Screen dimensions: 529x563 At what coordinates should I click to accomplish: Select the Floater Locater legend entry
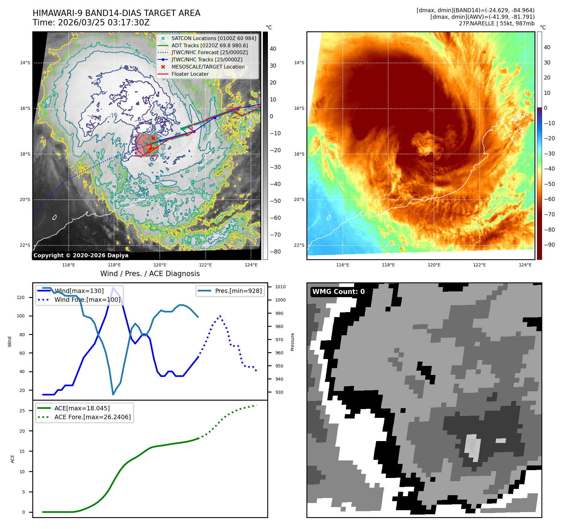pos(190,74)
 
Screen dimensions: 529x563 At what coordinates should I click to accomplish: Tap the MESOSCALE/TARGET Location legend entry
pos(208,67)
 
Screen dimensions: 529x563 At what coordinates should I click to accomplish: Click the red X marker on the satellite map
pos(153,138)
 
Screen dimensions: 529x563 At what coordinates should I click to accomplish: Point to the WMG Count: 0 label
pos(338,292)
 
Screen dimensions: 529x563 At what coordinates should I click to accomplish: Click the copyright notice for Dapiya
pos(81,255)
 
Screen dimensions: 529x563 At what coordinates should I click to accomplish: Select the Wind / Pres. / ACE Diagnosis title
pos(150,274)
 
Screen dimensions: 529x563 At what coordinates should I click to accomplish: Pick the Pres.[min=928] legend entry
pos(238,291)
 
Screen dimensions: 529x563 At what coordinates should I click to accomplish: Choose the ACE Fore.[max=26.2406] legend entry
pos(92,417)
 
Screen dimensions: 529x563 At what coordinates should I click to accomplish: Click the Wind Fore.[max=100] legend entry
pos(87,300)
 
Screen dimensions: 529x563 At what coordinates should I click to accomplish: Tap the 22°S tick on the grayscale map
pos(25,245)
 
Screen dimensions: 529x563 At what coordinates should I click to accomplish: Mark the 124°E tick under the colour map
pos(525,265)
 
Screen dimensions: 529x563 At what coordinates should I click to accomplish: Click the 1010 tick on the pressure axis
pos(280,287)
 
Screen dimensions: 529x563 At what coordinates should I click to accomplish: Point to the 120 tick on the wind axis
pos(21,297)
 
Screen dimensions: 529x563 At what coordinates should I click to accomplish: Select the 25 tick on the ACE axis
pos(22,411)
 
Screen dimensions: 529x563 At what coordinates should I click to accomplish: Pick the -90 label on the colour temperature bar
pos(549,245)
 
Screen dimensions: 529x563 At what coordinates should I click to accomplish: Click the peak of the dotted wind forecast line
pos(220,316)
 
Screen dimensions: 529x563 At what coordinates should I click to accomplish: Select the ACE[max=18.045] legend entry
pos(82,408)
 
